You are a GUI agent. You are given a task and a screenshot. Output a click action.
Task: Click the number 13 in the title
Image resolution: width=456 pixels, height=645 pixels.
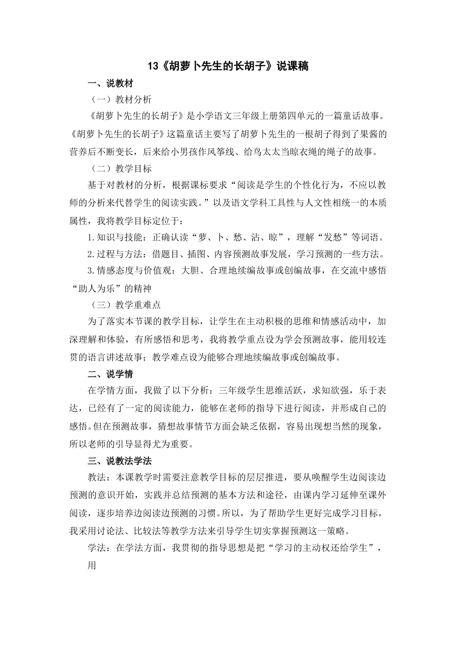click(152, 67)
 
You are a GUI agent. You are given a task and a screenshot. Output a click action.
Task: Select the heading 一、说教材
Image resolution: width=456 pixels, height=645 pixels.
click(110, 84)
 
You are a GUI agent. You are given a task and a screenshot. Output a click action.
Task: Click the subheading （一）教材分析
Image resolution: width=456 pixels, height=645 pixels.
click(121, 99)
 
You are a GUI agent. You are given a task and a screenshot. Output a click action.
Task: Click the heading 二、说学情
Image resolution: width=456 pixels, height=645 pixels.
click(110, 374)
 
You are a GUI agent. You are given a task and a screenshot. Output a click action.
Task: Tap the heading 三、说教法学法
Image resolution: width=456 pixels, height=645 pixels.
click(120, 461)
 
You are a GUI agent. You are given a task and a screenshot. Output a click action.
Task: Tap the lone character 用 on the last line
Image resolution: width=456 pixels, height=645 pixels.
click(92, 565)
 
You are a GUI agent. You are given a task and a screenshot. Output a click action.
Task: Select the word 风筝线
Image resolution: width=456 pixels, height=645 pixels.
click(219, 152)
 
